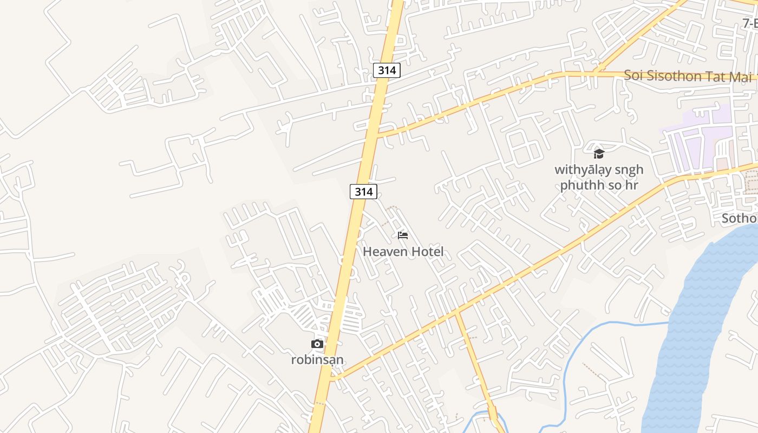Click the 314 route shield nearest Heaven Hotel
[x=363, y=191]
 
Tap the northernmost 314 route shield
[x=387, y=70]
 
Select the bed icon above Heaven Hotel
[x=403, y=235]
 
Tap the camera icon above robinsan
[x=317, y=344]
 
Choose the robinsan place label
[x=317, y=360]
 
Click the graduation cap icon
[x=599, y=154]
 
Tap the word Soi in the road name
[x=633, y=75]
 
